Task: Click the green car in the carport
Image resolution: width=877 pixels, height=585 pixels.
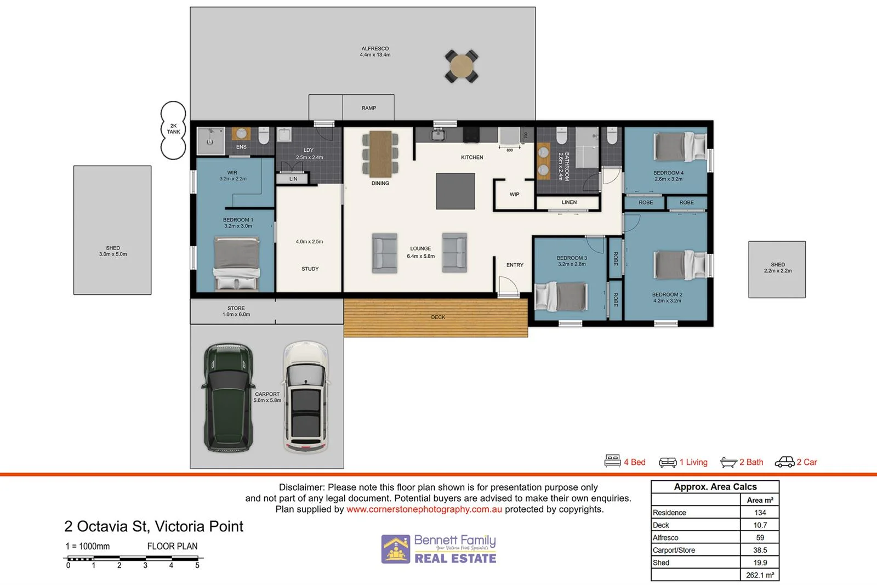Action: point(229,398)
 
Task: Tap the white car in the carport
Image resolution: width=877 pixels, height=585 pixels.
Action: point(306,397)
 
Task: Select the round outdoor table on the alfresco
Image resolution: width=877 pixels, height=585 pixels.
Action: point(461,66)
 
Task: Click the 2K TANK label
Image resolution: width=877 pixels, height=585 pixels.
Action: point(173,129)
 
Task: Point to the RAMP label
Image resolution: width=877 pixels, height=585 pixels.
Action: point(368,108)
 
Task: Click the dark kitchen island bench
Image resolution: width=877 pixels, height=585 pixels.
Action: point(455,191)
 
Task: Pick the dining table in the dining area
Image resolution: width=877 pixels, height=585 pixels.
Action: point(380,152)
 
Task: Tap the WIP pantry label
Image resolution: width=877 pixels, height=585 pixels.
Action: point(514,195)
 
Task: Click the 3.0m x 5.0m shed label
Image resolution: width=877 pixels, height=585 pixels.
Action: point(113,251)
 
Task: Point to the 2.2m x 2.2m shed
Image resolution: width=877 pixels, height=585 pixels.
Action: point(777,270)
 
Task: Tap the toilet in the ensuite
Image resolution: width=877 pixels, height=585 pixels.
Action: point(264,136)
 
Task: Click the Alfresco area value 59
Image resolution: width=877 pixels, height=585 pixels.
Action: point(760,537)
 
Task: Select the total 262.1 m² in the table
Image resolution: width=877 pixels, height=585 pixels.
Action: point(760,575)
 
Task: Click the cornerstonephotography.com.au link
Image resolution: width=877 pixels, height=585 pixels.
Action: point(424,509)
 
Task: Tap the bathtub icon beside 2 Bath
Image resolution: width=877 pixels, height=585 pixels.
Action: point(728,463)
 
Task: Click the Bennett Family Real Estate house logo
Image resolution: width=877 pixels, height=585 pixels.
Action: point(396,549)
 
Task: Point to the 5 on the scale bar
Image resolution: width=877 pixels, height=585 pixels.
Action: point(197,565)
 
